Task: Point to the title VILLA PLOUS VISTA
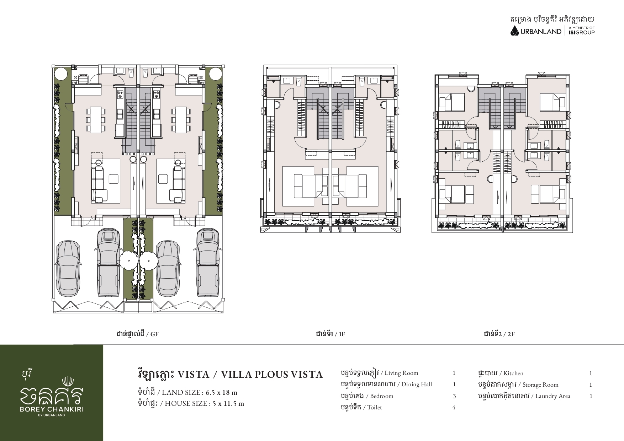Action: tap(272, 375)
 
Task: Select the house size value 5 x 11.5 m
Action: tap(226, 404)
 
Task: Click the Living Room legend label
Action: tap(401, 373)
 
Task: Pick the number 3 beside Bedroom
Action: tap(454, 396)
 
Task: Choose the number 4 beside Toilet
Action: tap(454, 408)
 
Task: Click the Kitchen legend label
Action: tap(513, 373)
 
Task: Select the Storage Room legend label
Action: tap(540, 385)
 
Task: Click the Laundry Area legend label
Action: tap(553, 396)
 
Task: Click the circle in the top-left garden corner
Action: tap(60, 74)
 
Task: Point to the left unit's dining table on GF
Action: tap(96, 119)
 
